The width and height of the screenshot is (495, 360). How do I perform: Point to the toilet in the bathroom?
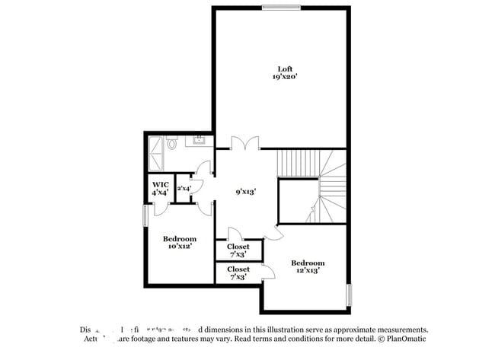173,142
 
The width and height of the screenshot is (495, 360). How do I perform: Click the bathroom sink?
200,139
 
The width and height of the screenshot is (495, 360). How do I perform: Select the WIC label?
160,185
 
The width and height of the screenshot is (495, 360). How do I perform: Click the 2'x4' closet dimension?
184,188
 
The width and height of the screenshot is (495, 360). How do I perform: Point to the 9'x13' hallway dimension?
244,193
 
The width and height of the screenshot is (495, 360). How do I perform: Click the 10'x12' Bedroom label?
180,242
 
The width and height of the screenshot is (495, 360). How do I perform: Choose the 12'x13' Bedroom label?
308,266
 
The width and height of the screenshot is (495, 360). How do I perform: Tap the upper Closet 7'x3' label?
238,250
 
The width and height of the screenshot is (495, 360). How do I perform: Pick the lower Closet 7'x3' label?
238,273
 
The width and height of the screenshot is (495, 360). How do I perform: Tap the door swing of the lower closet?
267,272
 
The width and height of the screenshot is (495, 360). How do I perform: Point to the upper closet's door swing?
235,234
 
